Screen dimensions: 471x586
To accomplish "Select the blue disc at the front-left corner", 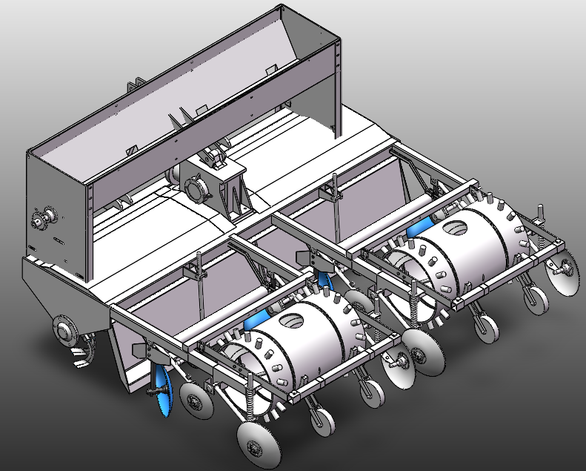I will (164, 389).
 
